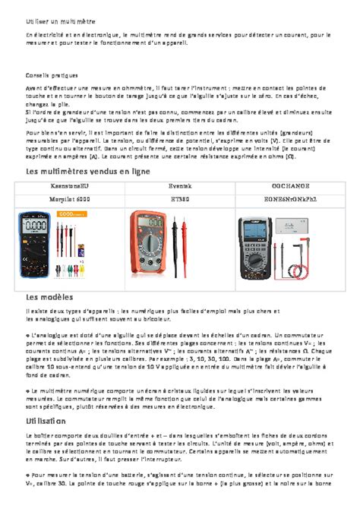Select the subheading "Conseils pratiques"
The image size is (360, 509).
tap(50, 75)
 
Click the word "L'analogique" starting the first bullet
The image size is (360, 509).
tap(46, 334)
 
